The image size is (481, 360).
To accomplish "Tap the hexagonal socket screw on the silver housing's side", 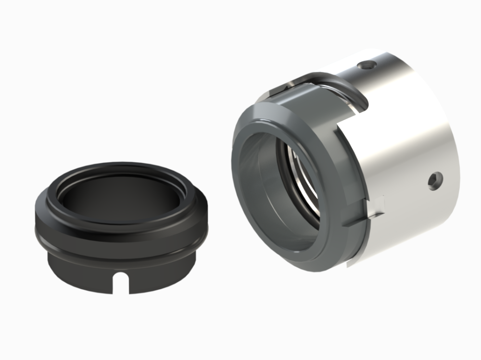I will pos(434,181).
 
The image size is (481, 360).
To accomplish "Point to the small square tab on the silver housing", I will pos(379,204).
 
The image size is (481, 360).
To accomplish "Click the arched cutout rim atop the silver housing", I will pos(332,77).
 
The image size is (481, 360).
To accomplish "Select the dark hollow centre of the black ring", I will pos(120,192).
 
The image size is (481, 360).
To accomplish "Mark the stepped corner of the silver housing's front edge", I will pos(342,126).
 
